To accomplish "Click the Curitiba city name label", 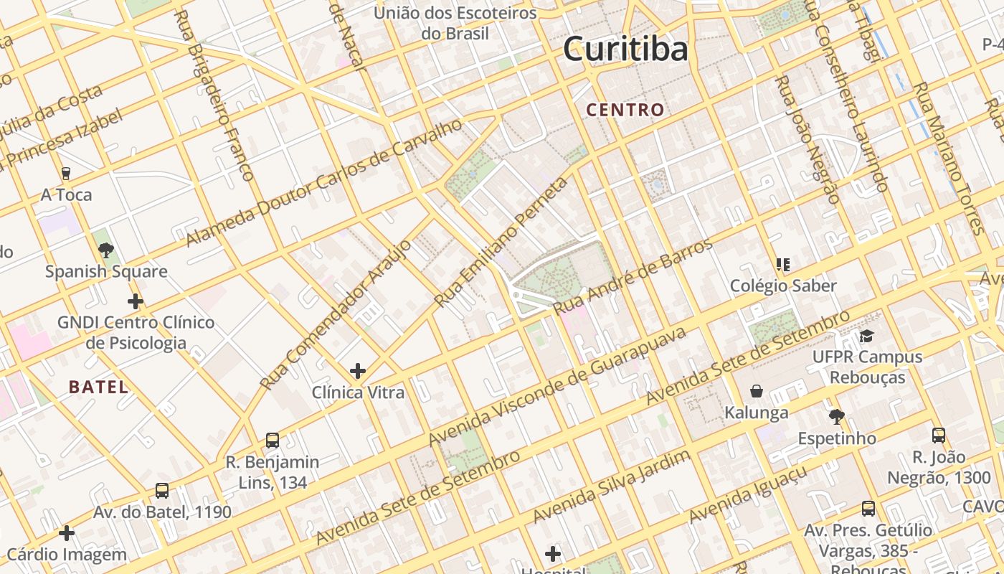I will tap(625, 50).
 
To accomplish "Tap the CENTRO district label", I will tap(625, 110).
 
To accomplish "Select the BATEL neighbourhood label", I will tap(99, 387).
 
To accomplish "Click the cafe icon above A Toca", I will tap(66, 173).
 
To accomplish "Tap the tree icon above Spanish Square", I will tap(106, 250).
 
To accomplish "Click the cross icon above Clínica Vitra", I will tap(358, 371).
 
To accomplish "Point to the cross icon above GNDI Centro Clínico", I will tap(135, 301).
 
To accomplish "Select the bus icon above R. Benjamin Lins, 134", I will tap(272, 441).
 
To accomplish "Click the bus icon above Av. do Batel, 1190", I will tap(162, 491).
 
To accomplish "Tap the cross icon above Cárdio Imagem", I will tap(67, 533).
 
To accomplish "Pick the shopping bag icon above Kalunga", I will tap(756, 391).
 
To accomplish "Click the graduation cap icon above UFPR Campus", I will tap(867, 336).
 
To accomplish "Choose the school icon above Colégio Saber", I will tap(783, 265).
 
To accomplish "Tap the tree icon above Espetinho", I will tap(835, 417).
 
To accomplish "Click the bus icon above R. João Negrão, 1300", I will tap(938, 436).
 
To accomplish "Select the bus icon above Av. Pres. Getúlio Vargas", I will tap(868, 509).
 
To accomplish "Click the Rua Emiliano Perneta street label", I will tap(501, 243).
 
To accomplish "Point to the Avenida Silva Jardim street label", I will tap(611, 487).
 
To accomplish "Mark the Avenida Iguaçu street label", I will tap(748, 494).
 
